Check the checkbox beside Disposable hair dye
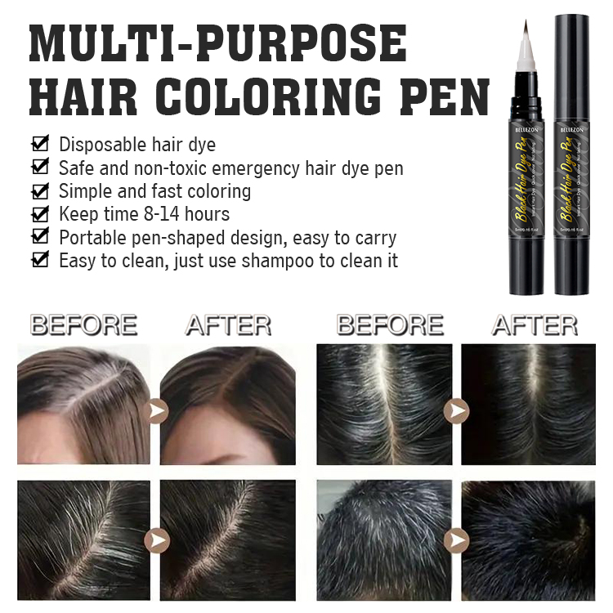[x=39, y=145]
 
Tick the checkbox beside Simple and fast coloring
[x=39, y=191]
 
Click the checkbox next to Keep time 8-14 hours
[x=39, y=215]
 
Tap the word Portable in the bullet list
[x=89, y=238]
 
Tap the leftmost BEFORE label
[x=83, y=325]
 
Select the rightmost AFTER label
[x=535, y=325]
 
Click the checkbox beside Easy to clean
[x=39, y=262]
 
